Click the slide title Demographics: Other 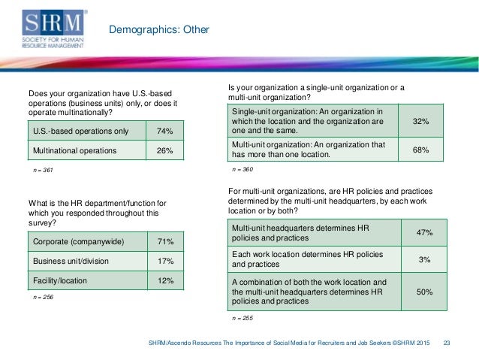coord(159,31)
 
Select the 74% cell coord(164,132)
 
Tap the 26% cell coord(164,150)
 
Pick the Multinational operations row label coord(75,150)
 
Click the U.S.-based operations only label coord(80,132)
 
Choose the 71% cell coord(164,242)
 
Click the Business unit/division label coord(71,261)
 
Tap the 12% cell coord(164,280)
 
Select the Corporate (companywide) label coord(79,242)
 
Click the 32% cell coord(420,120)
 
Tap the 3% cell coord(423,259)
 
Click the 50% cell coord(423,291)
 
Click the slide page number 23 coord(447,343)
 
